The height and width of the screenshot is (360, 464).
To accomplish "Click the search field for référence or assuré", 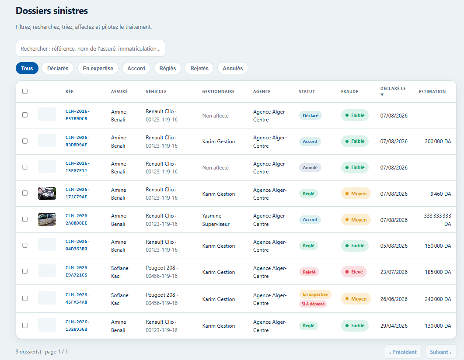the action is coord(90,48).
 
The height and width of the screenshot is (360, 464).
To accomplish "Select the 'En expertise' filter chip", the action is coord(98,68).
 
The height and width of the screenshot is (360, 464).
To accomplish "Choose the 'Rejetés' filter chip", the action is coord(199,68).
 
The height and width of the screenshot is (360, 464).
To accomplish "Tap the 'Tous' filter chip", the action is coord(27,68).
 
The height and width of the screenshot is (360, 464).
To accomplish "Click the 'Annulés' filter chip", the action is coord(233,68).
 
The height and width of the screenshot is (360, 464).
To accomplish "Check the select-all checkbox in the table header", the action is coord(25,91).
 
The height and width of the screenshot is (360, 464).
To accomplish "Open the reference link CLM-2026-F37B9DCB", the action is coord(77,115).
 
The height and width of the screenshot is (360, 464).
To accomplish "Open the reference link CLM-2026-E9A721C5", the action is coord(77,271).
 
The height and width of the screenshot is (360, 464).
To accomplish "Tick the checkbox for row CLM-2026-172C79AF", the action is coord(25,193).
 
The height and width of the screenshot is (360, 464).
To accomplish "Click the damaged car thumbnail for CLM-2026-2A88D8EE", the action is coord(47,219).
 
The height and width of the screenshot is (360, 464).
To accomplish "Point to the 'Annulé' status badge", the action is coord(310,168).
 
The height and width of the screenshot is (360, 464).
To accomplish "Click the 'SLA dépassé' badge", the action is coord(313,304).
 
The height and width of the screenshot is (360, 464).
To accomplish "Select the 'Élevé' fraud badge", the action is coord(354,272).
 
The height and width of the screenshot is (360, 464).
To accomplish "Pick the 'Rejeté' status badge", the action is coord(309,272).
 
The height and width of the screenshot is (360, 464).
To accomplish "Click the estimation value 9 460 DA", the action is coord(441,194).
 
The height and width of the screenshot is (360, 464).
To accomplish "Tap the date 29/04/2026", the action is coord(394,326).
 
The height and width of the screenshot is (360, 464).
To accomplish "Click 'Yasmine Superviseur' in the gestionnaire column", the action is coord(216,220).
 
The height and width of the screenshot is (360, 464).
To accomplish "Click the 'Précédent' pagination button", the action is coord(402,352).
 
